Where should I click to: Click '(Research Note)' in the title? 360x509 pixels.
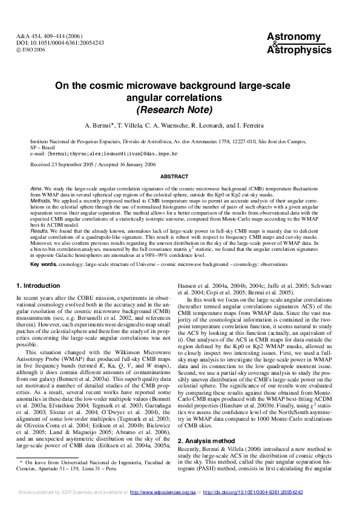click(x=174, y=110)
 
